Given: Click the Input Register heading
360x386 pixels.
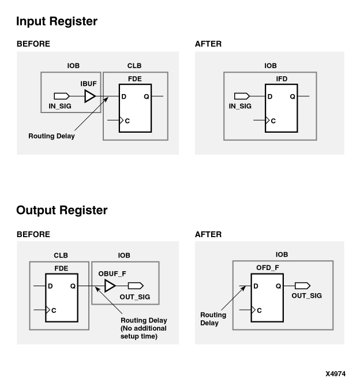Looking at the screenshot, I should [x=57, y=22].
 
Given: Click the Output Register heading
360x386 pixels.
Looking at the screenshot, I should [x=62, y=211].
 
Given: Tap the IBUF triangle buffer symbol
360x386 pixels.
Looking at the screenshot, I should [x=89, y=96].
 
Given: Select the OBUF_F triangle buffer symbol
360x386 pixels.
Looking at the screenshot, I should [x=110, y=286].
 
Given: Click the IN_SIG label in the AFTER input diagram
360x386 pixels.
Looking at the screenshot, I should [x=240, y=107].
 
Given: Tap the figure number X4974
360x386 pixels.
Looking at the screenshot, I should [x=335, y=373].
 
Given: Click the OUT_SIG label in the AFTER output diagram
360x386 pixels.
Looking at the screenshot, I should [x=306, y=295].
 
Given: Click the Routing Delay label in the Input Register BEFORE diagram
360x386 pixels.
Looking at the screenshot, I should [x=52, y=136].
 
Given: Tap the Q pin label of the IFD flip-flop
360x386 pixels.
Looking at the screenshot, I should [x=292, y=96].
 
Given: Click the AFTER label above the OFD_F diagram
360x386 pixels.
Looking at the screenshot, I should [x=208, y=234].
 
